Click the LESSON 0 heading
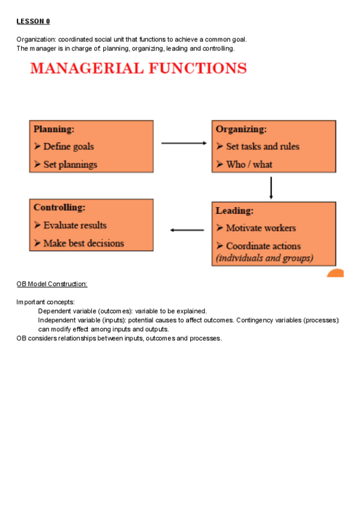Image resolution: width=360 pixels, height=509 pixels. pos(33,22)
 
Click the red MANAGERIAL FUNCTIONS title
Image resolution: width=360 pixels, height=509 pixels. pos(139,68)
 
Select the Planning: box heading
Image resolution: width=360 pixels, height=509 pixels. pos(54,128)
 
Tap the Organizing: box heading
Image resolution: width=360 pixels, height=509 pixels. pos(241,129)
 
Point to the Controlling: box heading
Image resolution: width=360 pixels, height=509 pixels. pos(59,208)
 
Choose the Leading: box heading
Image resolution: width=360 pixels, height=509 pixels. pos(235,211)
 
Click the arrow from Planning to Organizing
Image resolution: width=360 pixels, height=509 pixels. pos(184,143)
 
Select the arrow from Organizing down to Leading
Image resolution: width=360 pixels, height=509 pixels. pos(271,187)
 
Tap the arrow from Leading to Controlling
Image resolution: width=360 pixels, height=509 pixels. pos(187,230)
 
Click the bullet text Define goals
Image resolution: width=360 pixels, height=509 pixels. pos(68,146)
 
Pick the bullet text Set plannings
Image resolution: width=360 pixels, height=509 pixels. pos(70,164)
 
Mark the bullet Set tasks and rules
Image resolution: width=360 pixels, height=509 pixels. pos(262,146)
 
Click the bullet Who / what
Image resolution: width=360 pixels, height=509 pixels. pos(249,164)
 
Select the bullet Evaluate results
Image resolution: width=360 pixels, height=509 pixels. pos(75,226)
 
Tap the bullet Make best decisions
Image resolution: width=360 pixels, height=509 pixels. pos(83,244)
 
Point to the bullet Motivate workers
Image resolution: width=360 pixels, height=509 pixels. pos(260,228)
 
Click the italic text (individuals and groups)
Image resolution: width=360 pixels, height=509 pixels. pos(264,258)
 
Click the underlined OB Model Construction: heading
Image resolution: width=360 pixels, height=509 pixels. pos(52,284)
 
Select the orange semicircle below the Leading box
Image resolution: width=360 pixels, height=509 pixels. pos(336,274)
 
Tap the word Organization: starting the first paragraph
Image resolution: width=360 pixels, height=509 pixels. pos(36,40)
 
